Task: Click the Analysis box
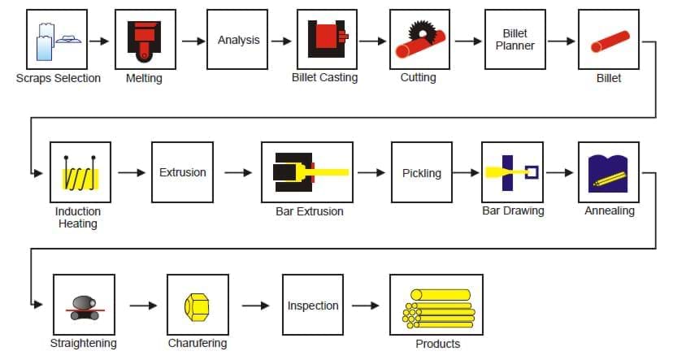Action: [237, 40]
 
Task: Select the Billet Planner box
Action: [515, 40]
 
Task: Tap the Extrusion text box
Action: [182, 172]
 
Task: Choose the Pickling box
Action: [421, 172]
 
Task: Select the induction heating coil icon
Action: [80, 173]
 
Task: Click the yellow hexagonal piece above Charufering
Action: [198, 306]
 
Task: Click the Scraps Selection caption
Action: [59, 79]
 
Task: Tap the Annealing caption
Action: [610, 211]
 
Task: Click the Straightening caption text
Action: [83, 344]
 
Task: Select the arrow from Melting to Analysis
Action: [193, 41]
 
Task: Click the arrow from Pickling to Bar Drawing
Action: [466, 172]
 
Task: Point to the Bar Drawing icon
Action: [512, 172]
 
